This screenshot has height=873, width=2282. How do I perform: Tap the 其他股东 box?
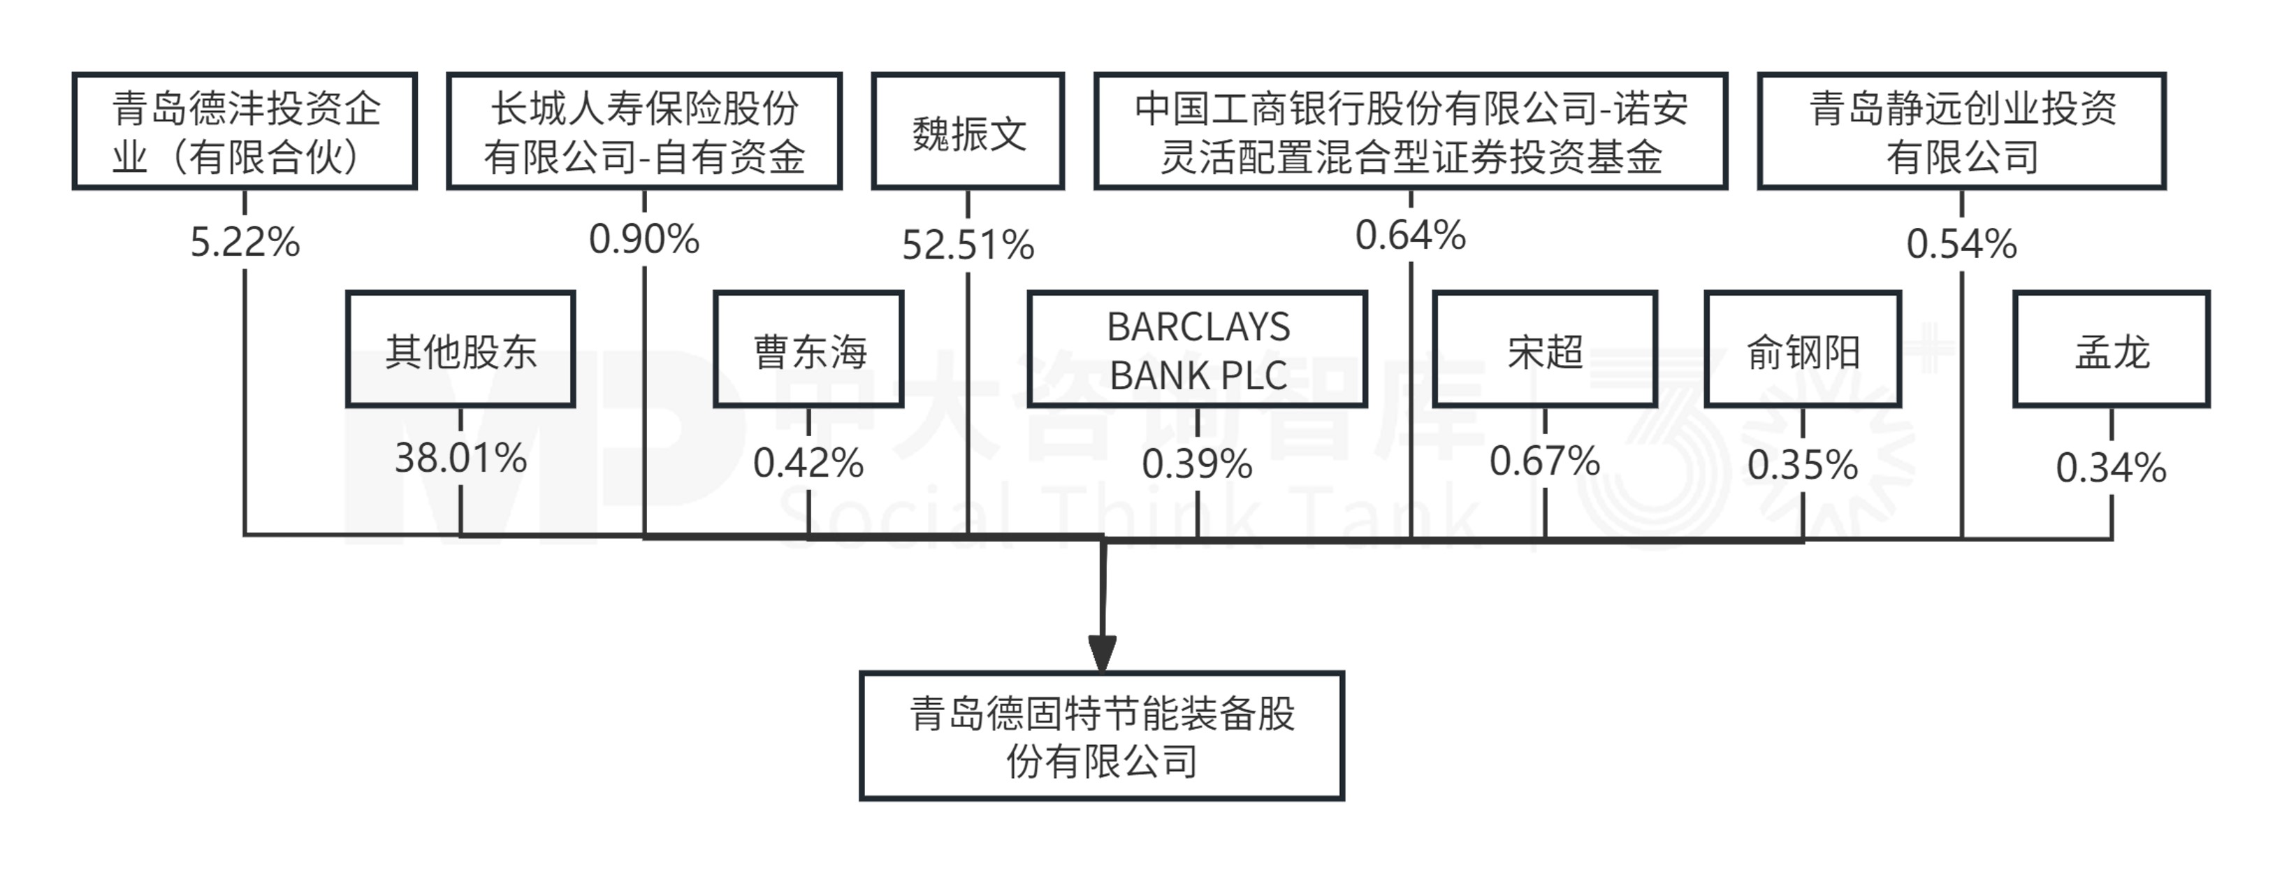coord(460,349)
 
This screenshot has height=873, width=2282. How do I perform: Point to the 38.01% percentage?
coord(460,459)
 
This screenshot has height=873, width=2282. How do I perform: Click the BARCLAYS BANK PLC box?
coord(1197,349)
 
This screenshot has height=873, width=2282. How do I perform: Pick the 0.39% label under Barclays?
coord(1197,463)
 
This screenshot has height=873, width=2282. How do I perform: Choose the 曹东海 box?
coord(809,349)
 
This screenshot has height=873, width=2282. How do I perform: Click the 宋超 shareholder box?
coord(1545,349)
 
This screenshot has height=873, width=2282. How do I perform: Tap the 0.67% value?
coord(1545,461)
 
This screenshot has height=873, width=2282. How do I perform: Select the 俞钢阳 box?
coord(1803,349)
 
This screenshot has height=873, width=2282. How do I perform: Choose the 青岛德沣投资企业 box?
coord(245,131)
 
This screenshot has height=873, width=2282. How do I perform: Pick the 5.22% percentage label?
coord(245,242)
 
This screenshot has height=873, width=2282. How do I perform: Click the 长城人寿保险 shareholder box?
coord(644,131)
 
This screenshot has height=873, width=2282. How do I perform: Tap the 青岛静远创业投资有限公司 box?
coord(1961,131)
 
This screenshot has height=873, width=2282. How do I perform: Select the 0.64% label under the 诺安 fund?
coord(1410,235)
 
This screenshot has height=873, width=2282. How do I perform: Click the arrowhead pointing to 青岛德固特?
coord(1102,654)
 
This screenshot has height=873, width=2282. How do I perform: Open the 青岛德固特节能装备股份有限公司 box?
coord(1102,735)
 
